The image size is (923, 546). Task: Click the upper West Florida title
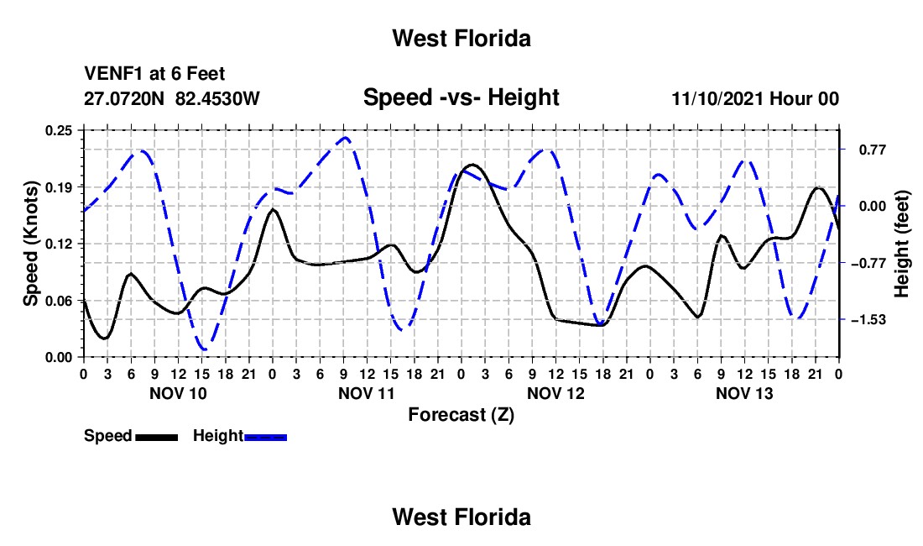461,39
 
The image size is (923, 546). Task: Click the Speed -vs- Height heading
461,97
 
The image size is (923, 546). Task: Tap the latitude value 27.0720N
124,98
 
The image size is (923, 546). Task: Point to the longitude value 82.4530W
218,98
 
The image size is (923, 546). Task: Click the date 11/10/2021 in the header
718,98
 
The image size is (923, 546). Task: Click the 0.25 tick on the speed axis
59,131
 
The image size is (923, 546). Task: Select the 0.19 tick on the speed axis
59,187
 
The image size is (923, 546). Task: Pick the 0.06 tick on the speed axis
59,301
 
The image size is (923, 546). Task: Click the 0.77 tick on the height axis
873,150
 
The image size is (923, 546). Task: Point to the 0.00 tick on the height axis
873,206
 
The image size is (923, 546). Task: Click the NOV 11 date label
367,393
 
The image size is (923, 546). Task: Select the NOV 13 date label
744,393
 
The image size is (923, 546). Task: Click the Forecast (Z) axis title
461,415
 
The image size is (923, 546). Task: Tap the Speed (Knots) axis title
30,244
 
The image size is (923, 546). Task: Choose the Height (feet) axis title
902,244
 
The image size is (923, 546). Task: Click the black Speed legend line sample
157,437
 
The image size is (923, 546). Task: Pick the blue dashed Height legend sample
265,437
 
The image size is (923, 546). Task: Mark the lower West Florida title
461,517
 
